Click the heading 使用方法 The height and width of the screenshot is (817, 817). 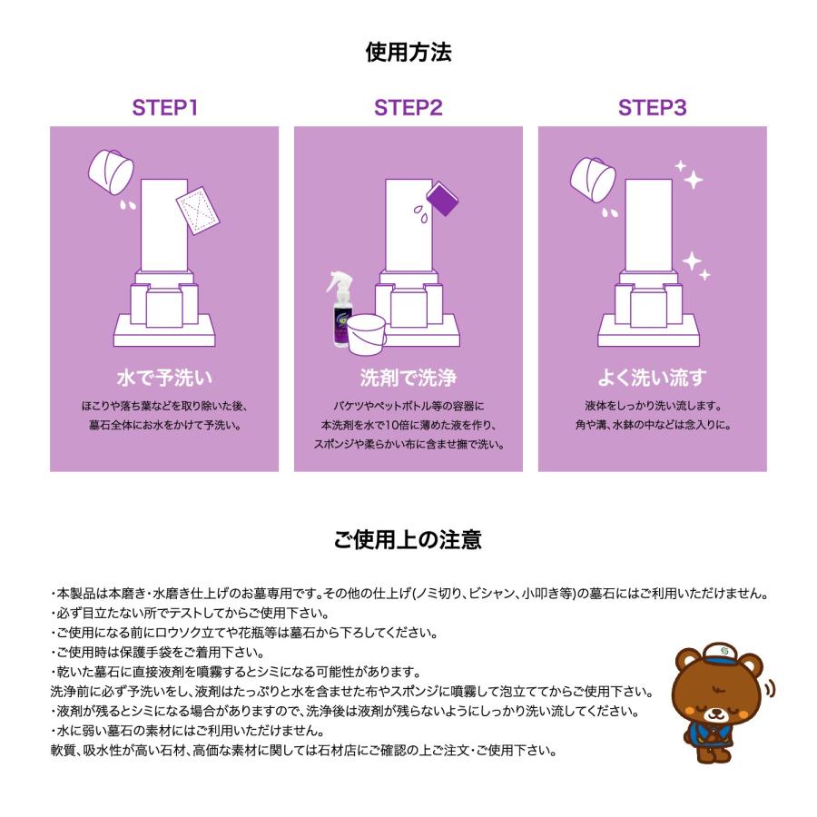[408, 52]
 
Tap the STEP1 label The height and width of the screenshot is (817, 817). [164, 108]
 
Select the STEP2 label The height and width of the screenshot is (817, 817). [408, 108]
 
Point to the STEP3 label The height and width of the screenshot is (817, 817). [653, 108]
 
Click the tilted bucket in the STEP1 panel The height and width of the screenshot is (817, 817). [111, 172]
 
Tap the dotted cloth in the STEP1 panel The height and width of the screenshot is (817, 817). [198, 210]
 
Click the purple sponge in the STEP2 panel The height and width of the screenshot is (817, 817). [442, 199]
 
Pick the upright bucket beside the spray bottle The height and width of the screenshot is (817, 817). [367, 334]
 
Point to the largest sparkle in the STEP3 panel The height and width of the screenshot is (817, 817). [694, 180]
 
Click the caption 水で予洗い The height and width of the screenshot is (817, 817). [164, 378]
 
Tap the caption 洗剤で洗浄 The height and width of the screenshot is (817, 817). [408, 378]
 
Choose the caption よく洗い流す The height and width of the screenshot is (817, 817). [653, 378]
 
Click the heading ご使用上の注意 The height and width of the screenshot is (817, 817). [408, 539]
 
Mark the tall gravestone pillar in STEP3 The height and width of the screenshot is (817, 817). [649, 225]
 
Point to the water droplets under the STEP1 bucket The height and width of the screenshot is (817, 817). [128, 205]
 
